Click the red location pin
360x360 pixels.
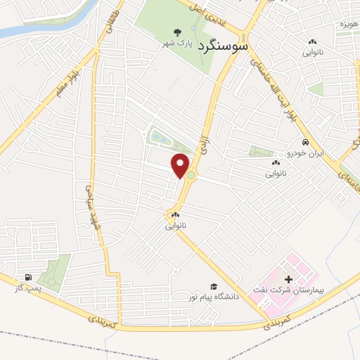point(181,165)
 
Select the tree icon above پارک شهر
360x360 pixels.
point(177,32)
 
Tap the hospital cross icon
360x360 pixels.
point(289,279)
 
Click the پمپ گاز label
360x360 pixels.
point(28,288)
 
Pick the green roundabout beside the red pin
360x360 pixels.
point(191,174)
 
